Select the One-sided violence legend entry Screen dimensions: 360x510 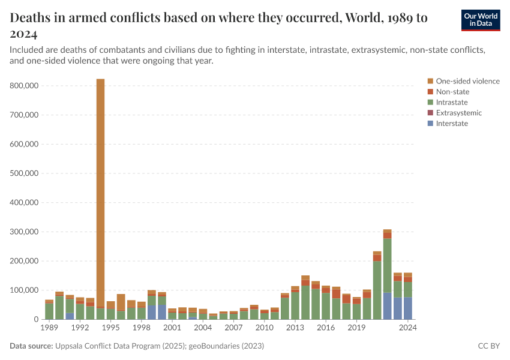467,81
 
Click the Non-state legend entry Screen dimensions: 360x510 452,92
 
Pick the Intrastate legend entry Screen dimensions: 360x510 452,103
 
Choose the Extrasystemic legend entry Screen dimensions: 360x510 458,113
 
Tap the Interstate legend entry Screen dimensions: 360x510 452,124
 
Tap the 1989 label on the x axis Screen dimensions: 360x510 49,328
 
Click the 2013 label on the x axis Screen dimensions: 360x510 295,328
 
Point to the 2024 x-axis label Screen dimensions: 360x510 408,328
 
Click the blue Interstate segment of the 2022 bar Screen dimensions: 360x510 387,306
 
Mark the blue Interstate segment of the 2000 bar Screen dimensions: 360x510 162,312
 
